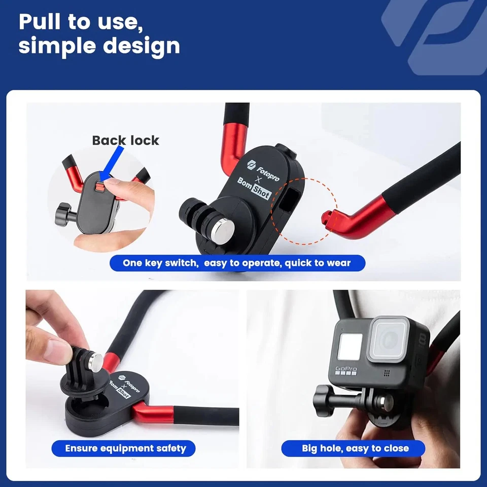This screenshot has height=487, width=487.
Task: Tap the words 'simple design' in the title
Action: click(x=99, y=46)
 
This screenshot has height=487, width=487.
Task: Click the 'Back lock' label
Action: click(x=125, y=141)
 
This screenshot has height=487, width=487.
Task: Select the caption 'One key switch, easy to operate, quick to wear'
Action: click(x=236, y=263)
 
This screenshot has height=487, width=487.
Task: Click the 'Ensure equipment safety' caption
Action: click(x=125, y=448)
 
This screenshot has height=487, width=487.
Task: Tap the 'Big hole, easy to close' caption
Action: click(x=355, y=448)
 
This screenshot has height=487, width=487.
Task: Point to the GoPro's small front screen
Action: click(x=350, y=347)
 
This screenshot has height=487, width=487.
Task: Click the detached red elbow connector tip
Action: click(x=327, y=217)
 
